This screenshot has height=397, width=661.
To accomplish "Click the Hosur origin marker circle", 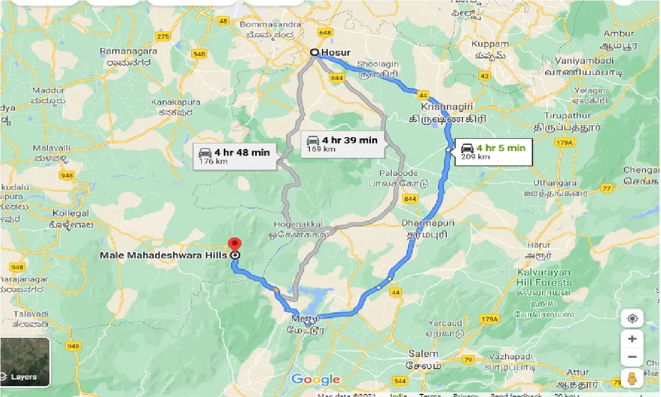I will [x=314, y=53].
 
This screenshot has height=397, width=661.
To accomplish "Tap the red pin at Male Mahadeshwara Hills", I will [x=235, y=244].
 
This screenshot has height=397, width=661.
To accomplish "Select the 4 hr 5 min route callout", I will [x=493, y=152].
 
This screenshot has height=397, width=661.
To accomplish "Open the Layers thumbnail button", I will [x=25, y=362].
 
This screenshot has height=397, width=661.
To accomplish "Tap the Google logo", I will [x=316, y=380].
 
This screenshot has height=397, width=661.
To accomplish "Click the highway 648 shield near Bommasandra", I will [x=325, y=32].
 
